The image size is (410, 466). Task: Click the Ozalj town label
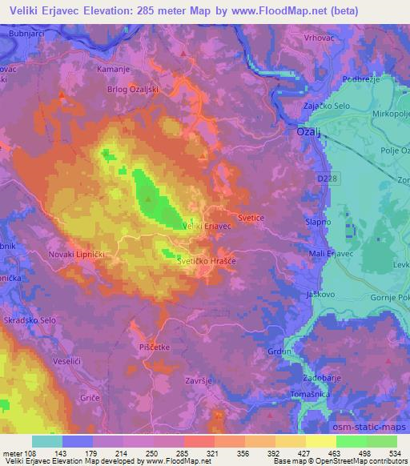(x=308, y=131)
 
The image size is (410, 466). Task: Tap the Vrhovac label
(x=319, y=38)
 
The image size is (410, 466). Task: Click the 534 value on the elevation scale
(x=392, y=453)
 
